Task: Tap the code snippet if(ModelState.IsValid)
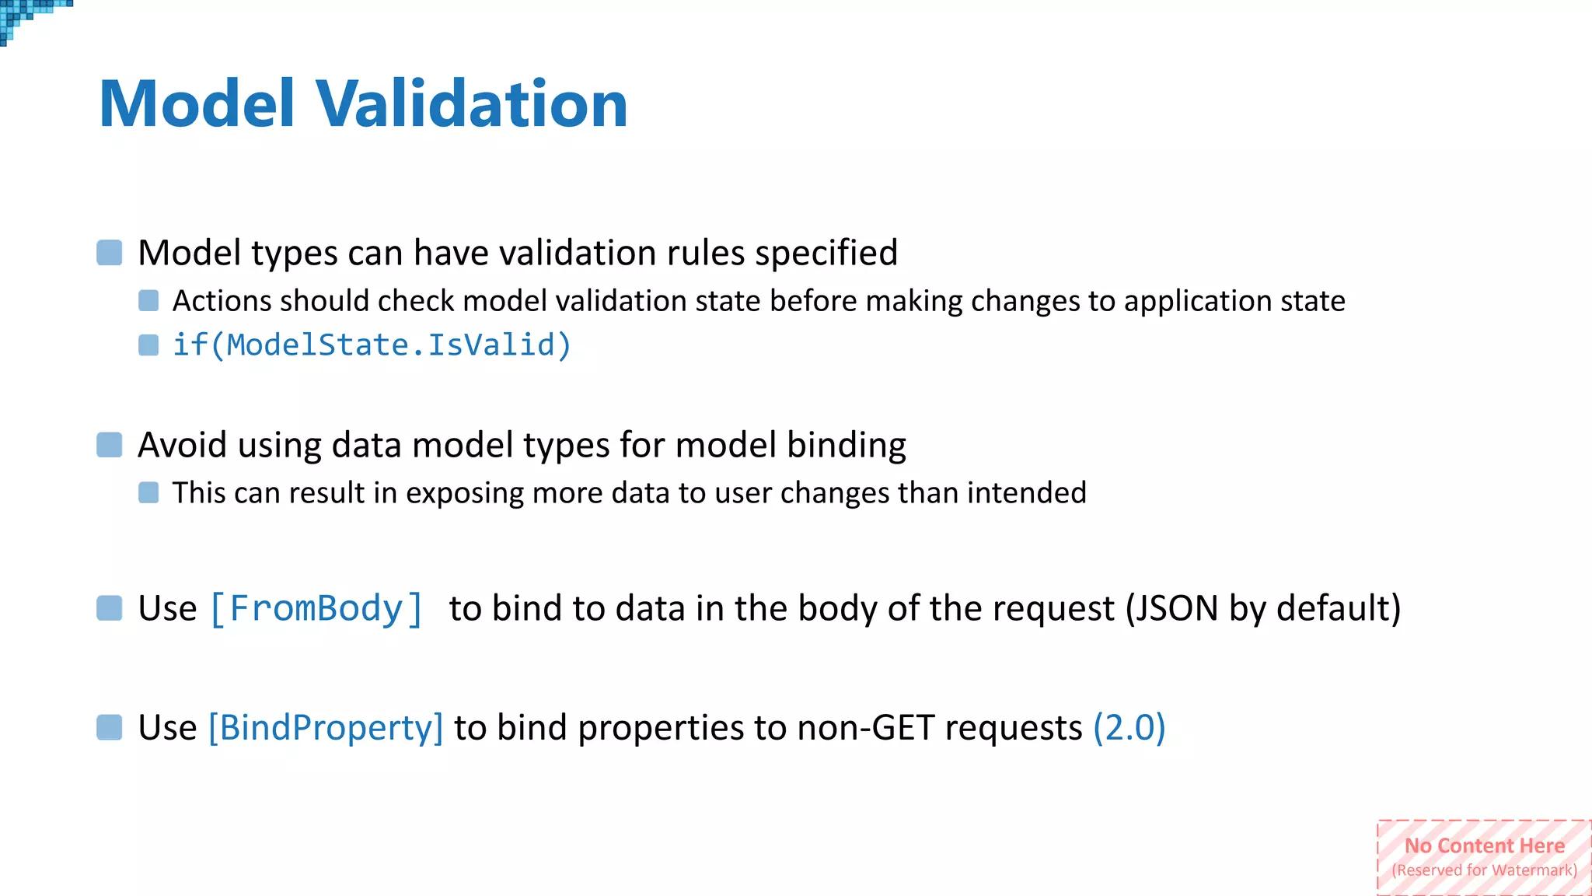pos(372,345)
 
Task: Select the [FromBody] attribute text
pos(316,608)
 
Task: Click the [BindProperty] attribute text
pos(326,728)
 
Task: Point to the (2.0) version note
pos(1129,728)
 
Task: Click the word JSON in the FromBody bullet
pos(1172,608)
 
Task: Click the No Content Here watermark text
pos(1484,845)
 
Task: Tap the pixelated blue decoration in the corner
pos(23,16)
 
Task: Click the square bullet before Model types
pos(110,253)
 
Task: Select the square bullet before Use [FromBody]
pos(110,608)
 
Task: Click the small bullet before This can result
pos(148,492)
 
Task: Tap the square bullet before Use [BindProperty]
pos(110,728)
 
